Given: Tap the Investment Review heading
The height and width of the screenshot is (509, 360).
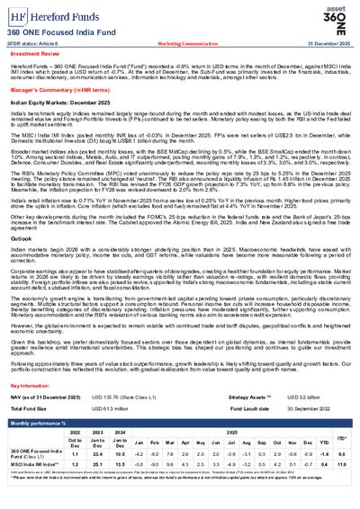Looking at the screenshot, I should coord(35,55).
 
